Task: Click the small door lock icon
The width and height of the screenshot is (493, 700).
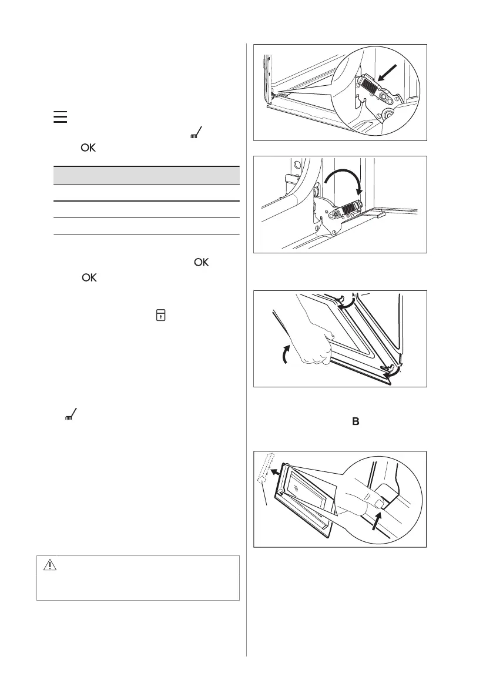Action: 160,316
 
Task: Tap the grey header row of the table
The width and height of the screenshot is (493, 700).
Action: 147,175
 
